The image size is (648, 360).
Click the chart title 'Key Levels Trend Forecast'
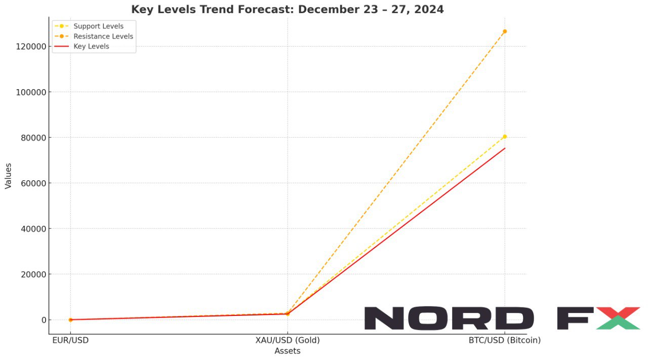[x=287, y=10]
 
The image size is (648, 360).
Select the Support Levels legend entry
[x=98, y=26]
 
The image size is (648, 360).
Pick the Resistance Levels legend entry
[x=103, y=36]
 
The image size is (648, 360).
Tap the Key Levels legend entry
[x=91, y=47]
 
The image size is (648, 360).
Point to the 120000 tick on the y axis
[x=32, y=47]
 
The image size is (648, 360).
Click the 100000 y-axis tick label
[x=32, y=92]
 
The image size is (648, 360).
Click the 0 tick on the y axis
[x=44, y=320]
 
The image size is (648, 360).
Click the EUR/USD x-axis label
[x=70, y=340]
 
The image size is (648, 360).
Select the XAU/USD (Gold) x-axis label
[x=288, y=340]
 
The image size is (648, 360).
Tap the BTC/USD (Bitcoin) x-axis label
[x=505, y=340]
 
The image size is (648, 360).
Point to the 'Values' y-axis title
[x=8, y=176]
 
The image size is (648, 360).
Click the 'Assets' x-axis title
[x=288, y=351]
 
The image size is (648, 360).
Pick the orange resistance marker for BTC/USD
[x=505, y=31]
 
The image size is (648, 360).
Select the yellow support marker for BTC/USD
[x=505, y=137]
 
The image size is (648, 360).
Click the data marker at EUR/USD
[x=70, y=319]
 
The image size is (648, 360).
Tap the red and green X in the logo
[x=618, y=318]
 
